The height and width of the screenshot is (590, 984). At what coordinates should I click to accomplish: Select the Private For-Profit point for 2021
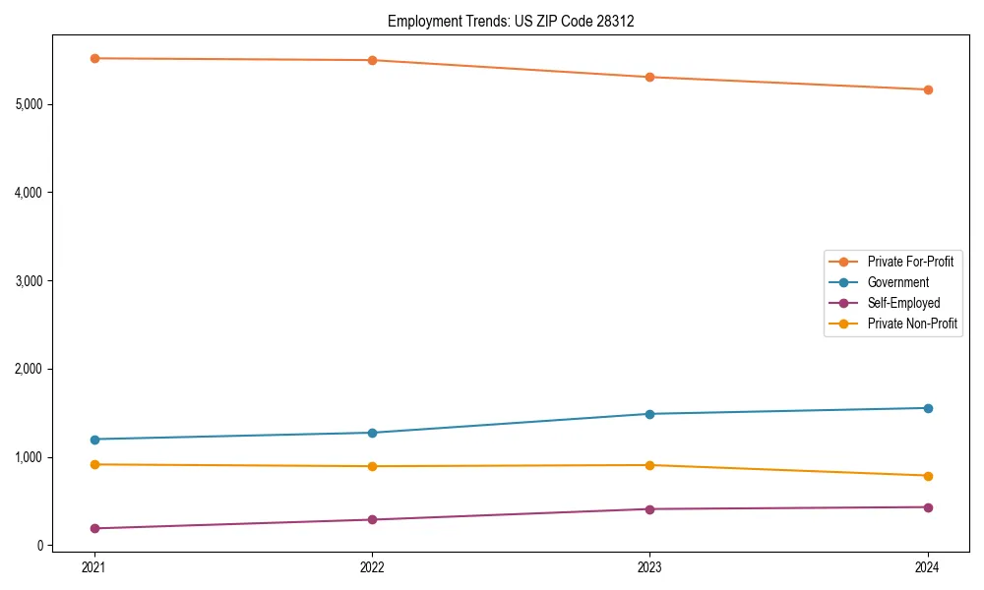(94, 58)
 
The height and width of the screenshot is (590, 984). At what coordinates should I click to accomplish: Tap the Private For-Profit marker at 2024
(928, 89)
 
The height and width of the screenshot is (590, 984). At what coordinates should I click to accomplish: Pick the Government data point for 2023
(649, 414)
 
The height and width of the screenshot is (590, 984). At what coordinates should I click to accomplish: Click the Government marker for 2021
(94, 440)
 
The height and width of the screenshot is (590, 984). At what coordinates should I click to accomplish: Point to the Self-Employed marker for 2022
(372, 519)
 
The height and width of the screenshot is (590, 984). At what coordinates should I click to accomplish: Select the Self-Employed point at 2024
(928, 507)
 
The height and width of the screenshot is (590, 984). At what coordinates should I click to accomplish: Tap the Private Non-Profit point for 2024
(928, 476)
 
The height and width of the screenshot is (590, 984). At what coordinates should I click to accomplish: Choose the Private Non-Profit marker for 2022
(372, 466)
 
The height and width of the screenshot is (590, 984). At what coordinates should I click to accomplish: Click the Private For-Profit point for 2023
(649, 77)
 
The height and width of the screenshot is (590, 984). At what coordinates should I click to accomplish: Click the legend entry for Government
(897, 282)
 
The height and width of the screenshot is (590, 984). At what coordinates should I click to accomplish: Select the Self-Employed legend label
(903, 303)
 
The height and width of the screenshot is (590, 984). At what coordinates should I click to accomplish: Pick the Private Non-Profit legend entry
(912, 324)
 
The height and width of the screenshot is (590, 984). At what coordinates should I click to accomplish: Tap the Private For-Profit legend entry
(910, 262)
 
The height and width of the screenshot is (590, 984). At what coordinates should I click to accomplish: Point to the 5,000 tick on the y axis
(29, 104)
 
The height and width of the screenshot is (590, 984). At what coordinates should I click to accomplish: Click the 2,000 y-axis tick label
(29, 369)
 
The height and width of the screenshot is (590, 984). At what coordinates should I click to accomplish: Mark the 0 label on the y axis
(39, 546)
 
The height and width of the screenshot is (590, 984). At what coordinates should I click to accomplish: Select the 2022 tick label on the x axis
(372, 566)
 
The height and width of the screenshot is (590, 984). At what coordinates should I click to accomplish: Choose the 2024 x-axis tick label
(928, 566)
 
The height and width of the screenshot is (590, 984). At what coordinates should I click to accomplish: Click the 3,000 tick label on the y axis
(29, 280)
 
